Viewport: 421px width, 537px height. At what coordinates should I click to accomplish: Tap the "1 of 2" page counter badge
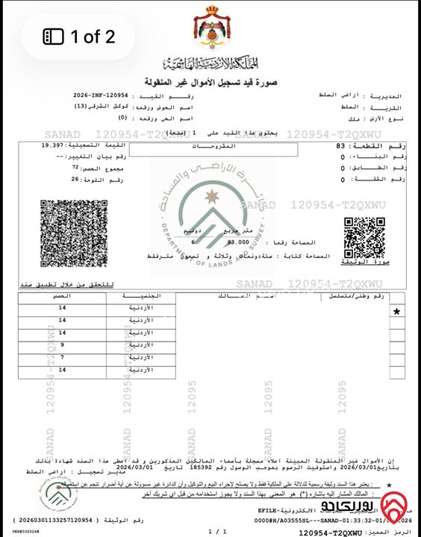[x=79, y=36]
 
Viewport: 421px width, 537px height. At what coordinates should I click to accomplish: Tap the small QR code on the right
[x=364, y=236]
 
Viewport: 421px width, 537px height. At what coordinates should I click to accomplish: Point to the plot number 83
[x=340, y=147]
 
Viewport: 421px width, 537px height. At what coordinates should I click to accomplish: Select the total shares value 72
[x=75, y=169]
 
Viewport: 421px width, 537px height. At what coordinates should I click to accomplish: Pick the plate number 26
[x=75, y=180]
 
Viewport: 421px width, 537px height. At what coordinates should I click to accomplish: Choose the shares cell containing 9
[x=63, y=345]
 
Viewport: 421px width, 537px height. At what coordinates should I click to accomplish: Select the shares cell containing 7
[x=63, y=357]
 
